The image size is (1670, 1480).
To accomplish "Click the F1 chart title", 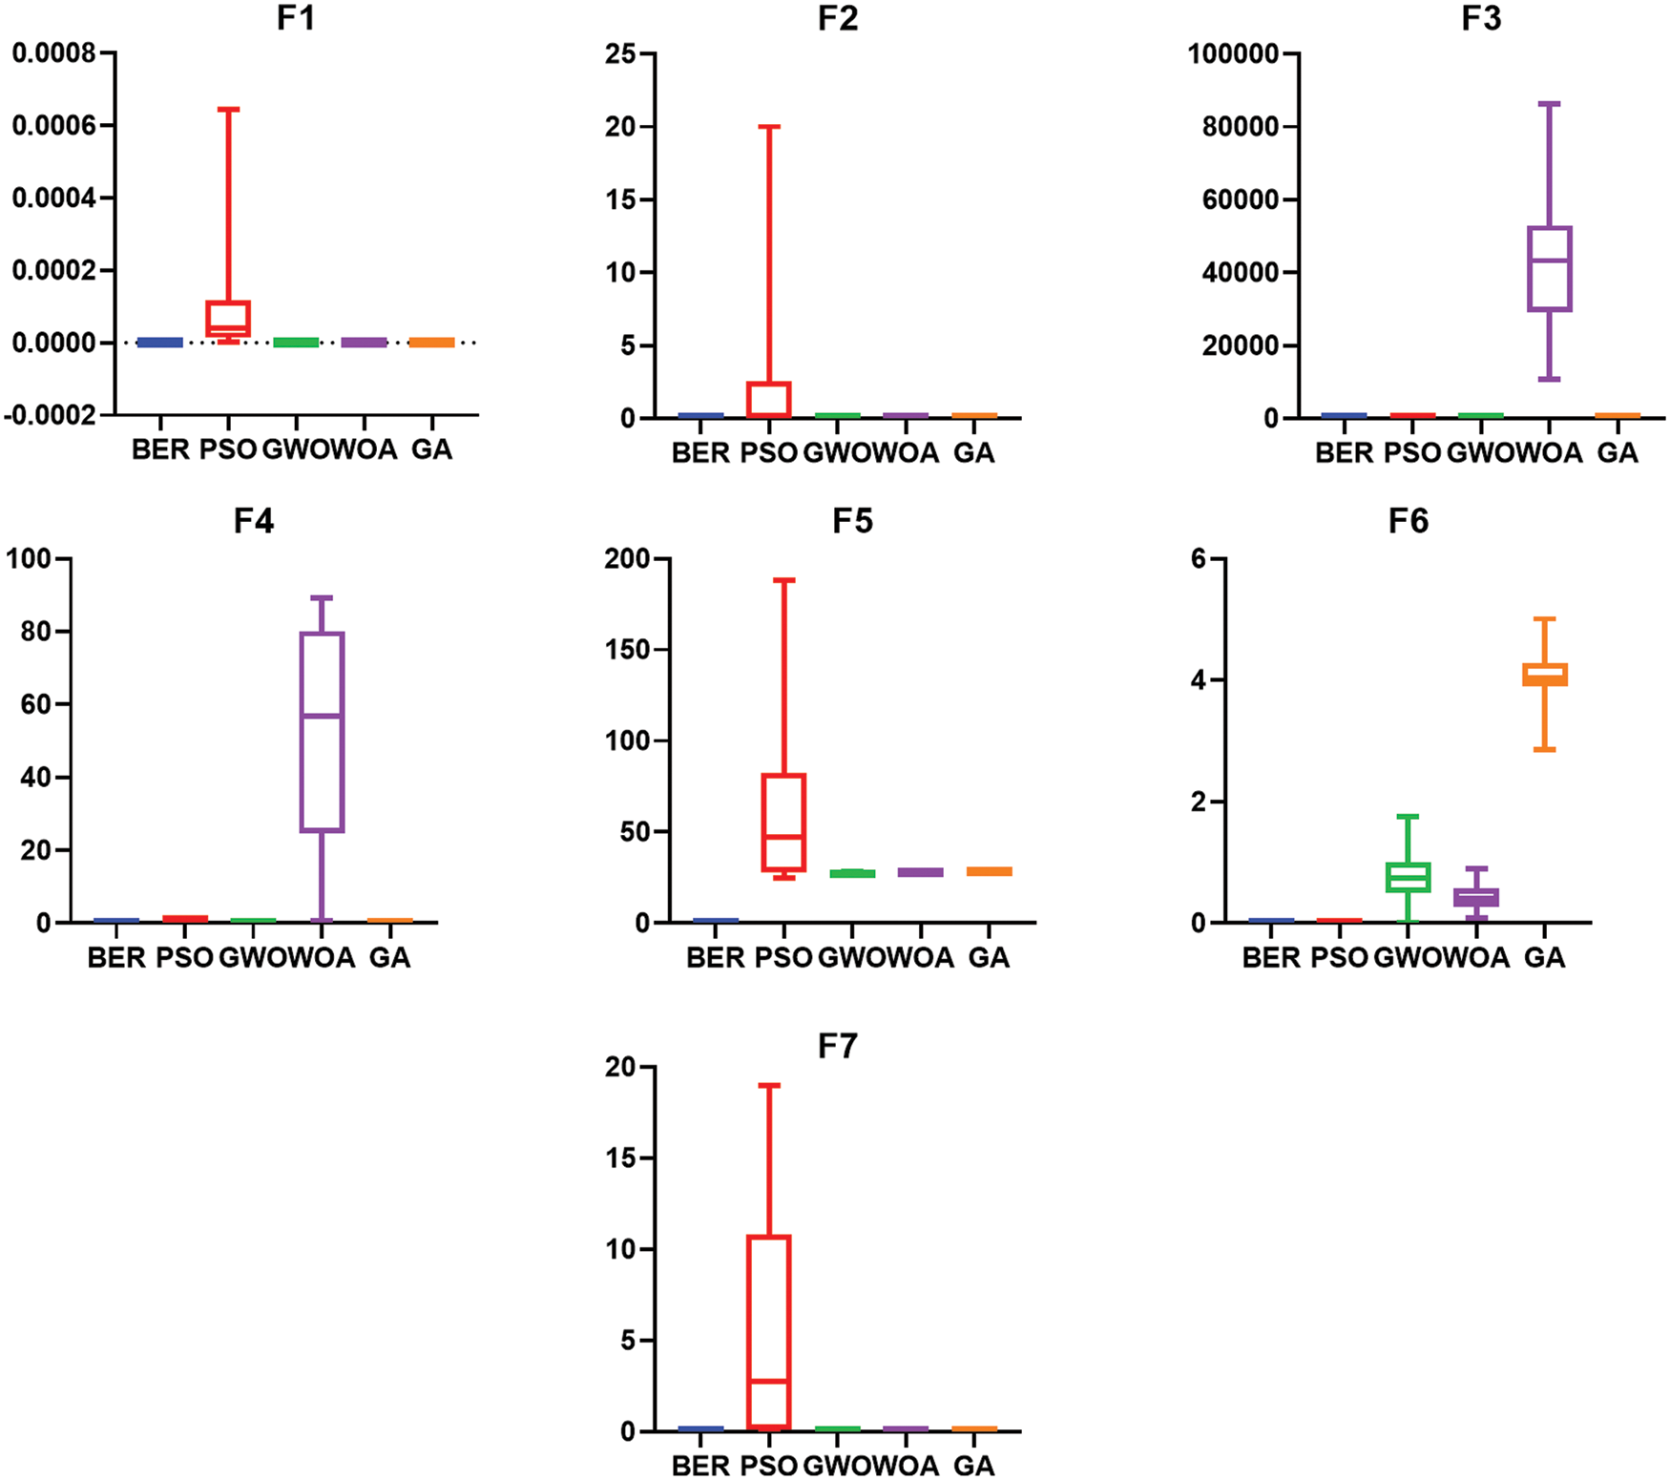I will pyautogui.click(x=296, y=18).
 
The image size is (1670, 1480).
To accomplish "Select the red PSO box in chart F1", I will pyautogui.click(x=229, y=319).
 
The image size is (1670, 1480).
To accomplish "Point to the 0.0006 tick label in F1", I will pyautogui.click(x=53, y=126).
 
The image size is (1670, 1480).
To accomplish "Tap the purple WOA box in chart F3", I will pyautogui.click(x=1550, y=269).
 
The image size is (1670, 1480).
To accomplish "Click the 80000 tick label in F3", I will pyautogui.click(x=1241, y=126).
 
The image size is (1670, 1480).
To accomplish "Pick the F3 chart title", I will pyautogui.click(x=1481, y=18).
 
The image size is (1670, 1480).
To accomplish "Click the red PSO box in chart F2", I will pyautogui.click(x=769, y=399).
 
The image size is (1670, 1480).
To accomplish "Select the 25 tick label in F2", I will pyautogui.click(x=620, y=53).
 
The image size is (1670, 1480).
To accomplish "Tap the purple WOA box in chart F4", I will pyautogui.click(x=322, y=732).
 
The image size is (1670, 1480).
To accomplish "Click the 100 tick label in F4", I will pyautogui.click(x=29, y=558).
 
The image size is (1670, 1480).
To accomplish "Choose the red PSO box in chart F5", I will pyautogui.click(x=784, y=823).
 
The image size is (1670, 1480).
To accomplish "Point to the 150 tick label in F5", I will pyautogui.click(x=627, y=650).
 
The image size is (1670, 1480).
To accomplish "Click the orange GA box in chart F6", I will pyautogui.click(x=1545, y=675).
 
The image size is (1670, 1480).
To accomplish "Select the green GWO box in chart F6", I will pyautogui.click(x=1409, y=877).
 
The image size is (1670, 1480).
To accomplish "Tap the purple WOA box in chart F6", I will pyautogui.click(x=1476, y=897).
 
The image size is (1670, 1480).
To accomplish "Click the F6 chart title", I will pyautogui.click(x=1409, y=522).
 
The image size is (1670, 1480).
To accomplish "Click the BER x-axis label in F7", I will pyautogui.click(x=700, y=1465).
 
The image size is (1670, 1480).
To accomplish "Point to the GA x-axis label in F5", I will pyautogui.click(x=989, y=957).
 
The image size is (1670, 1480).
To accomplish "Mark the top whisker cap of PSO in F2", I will pyautogui.click(x=769, y=126).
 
